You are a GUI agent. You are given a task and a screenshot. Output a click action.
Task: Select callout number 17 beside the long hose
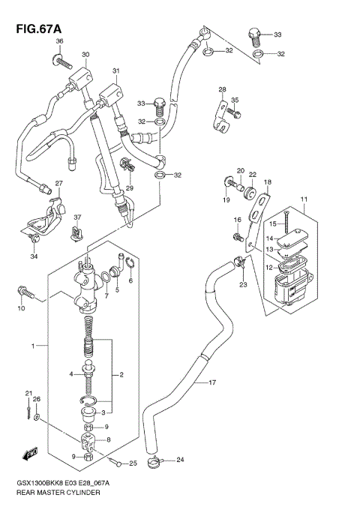[212, 382]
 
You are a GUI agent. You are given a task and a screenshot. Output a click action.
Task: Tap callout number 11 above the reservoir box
[304, 199]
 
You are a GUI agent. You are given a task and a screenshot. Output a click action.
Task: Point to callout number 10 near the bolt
[21, 307]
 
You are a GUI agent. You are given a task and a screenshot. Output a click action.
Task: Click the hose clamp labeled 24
[158, 461]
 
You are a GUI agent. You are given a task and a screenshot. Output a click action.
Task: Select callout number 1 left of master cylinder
[33, 346]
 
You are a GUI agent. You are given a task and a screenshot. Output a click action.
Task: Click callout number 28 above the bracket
[222, 90]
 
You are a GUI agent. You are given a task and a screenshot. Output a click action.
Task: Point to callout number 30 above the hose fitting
[85, 55]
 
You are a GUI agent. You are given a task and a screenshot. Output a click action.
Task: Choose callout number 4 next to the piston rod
[72, 374]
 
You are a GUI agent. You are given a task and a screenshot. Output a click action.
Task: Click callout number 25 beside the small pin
[133, 463]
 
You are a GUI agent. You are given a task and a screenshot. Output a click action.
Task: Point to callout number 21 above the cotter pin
[28, 393]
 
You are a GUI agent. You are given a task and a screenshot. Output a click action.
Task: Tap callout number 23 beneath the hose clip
[242, 283]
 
